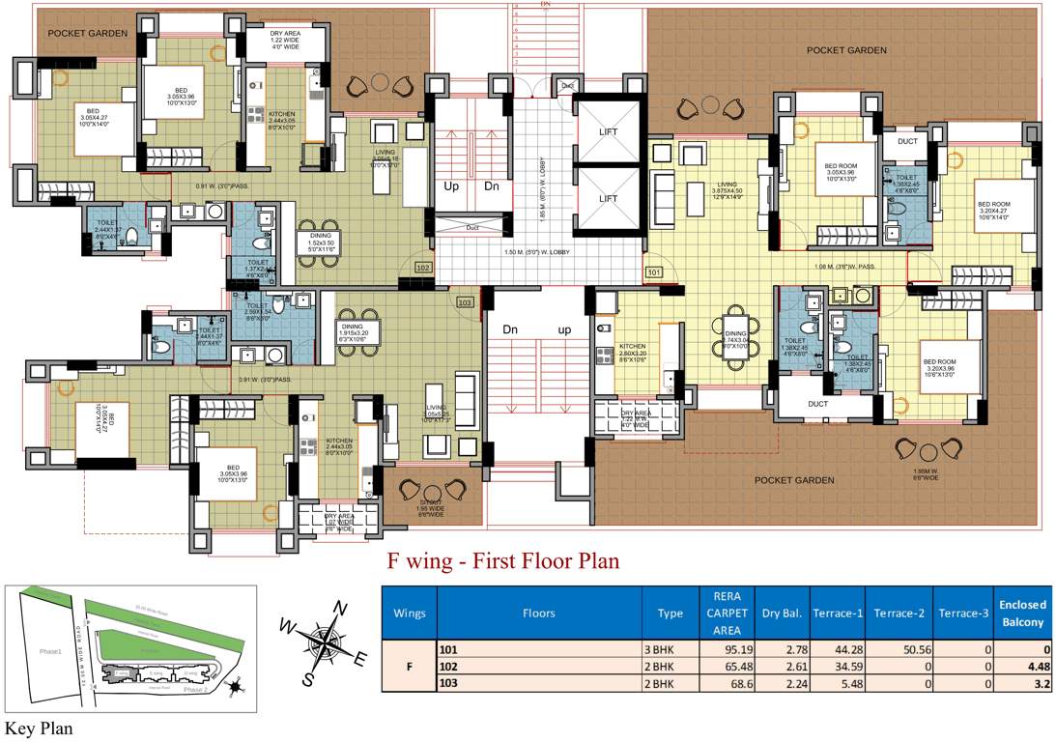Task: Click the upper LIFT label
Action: pos(608,132)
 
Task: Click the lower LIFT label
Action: pos(608,199)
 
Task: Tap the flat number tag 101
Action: pos(653,273)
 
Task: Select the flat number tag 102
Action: pos(422,267)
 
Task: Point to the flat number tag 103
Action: pos(466,302)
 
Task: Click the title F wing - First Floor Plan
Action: pos(502,561)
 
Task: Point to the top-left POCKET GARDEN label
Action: pos(87,33)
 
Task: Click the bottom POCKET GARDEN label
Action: pos(794,480)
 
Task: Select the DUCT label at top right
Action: pos(907,141)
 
